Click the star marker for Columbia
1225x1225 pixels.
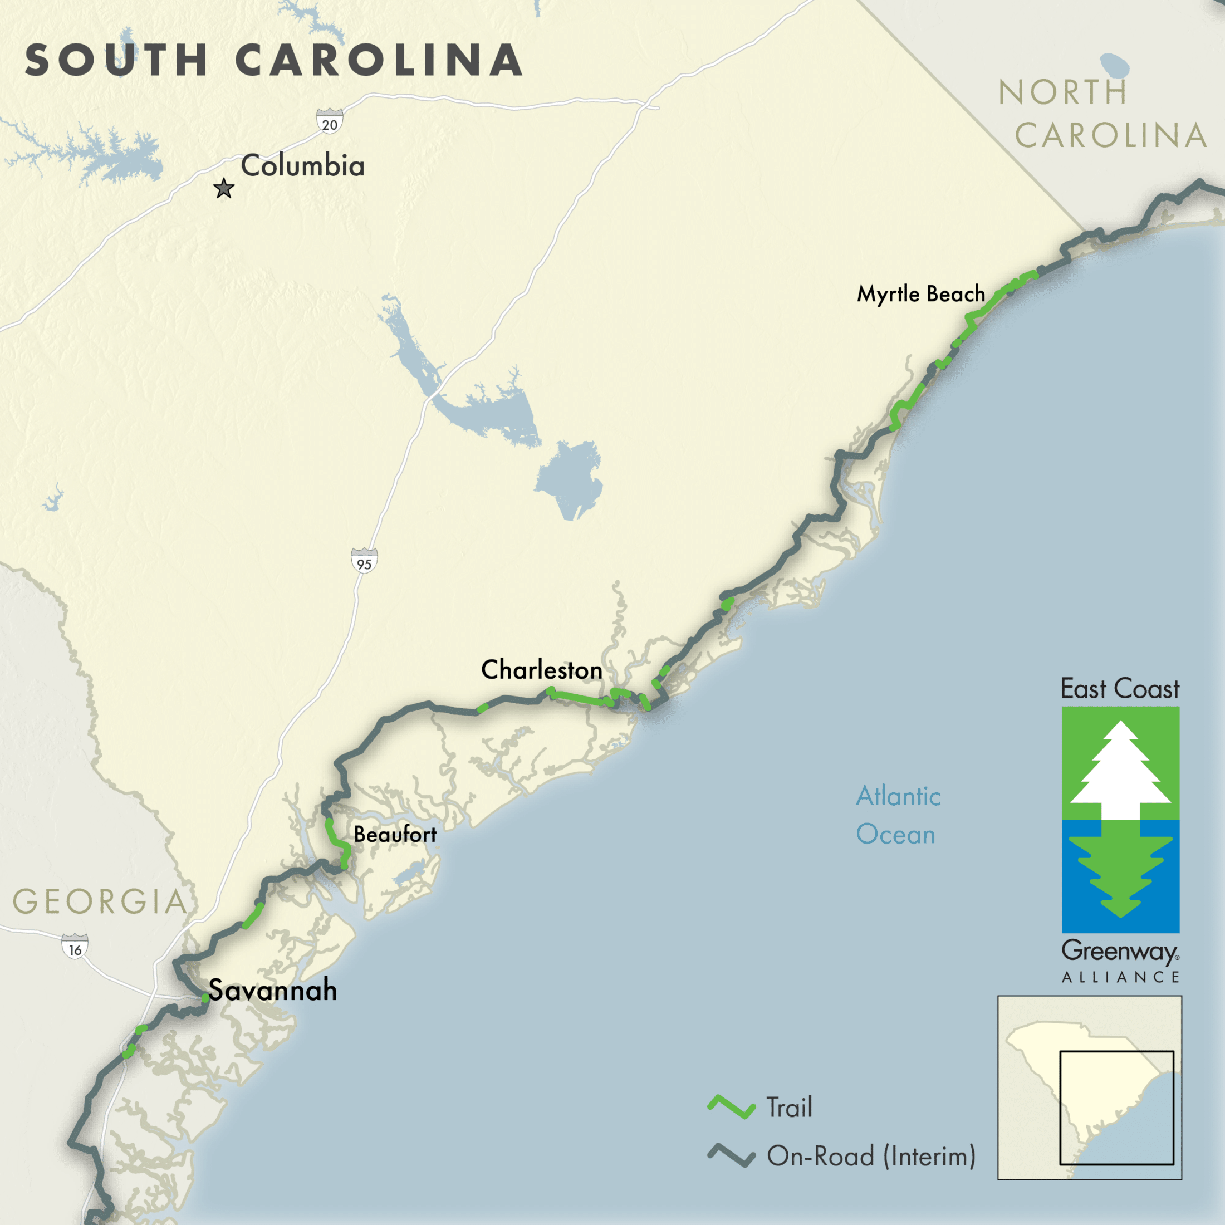pyautogui.click(x=223, y=188)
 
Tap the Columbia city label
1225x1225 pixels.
pyautogui.click(x=302, y=165)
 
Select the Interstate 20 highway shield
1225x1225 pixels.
pyautogui.click(x=330, y=121)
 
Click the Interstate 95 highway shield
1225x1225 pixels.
pyautogui.click(x=364, y=561)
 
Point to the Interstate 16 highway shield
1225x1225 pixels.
pyautogui.click(x=75, y=947)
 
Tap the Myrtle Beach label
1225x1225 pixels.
pyautogui.click(x=920, y=293)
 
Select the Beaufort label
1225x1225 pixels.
pyautogui.click(x=395, y=835)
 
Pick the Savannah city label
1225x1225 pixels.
pyautogui.click(x=273, y=990)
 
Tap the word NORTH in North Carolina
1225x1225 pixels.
pyautogui.click(x=1062, y=92)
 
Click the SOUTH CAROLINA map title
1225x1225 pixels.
pyautogui.click(x=274, y=60)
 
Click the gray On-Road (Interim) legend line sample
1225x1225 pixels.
pyautogui.click(x=731, y=1155)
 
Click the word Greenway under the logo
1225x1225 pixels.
pyautogui.click(x=1119, y=952)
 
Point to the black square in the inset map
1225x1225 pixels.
pyautogui.click(x=1116, y=1108)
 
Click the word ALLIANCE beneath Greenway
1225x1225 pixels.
pyautogui.click(x=1120, y=978)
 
